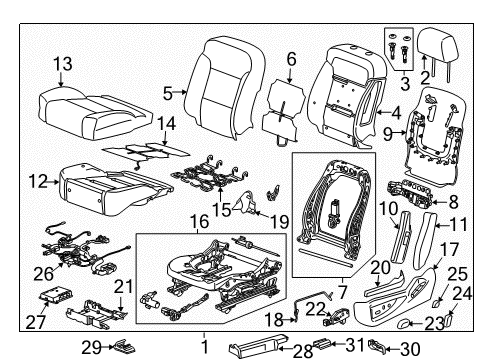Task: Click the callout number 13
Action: point(62,64)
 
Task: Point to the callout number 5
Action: point(168,93)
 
